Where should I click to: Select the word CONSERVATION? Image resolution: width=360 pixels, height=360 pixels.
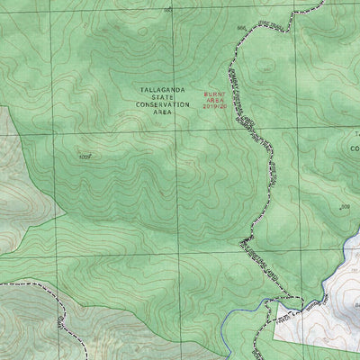point(163,104)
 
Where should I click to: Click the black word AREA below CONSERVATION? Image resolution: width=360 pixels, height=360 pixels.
point(163,112)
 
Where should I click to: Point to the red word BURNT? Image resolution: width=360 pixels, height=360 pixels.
point(214,93)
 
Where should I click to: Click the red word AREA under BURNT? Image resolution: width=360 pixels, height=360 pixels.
point(214,99)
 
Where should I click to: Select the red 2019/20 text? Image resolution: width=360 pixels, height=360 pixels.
point(215,106)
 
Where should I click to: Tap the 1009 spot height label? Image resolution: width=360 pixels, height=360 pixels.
point(85,156)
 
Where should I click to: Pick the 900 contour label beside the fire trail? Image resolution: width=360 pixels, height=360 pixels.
point(241,29)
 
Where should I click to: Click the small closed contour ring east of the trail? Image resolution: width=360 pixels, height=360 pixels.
point(267,66)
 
